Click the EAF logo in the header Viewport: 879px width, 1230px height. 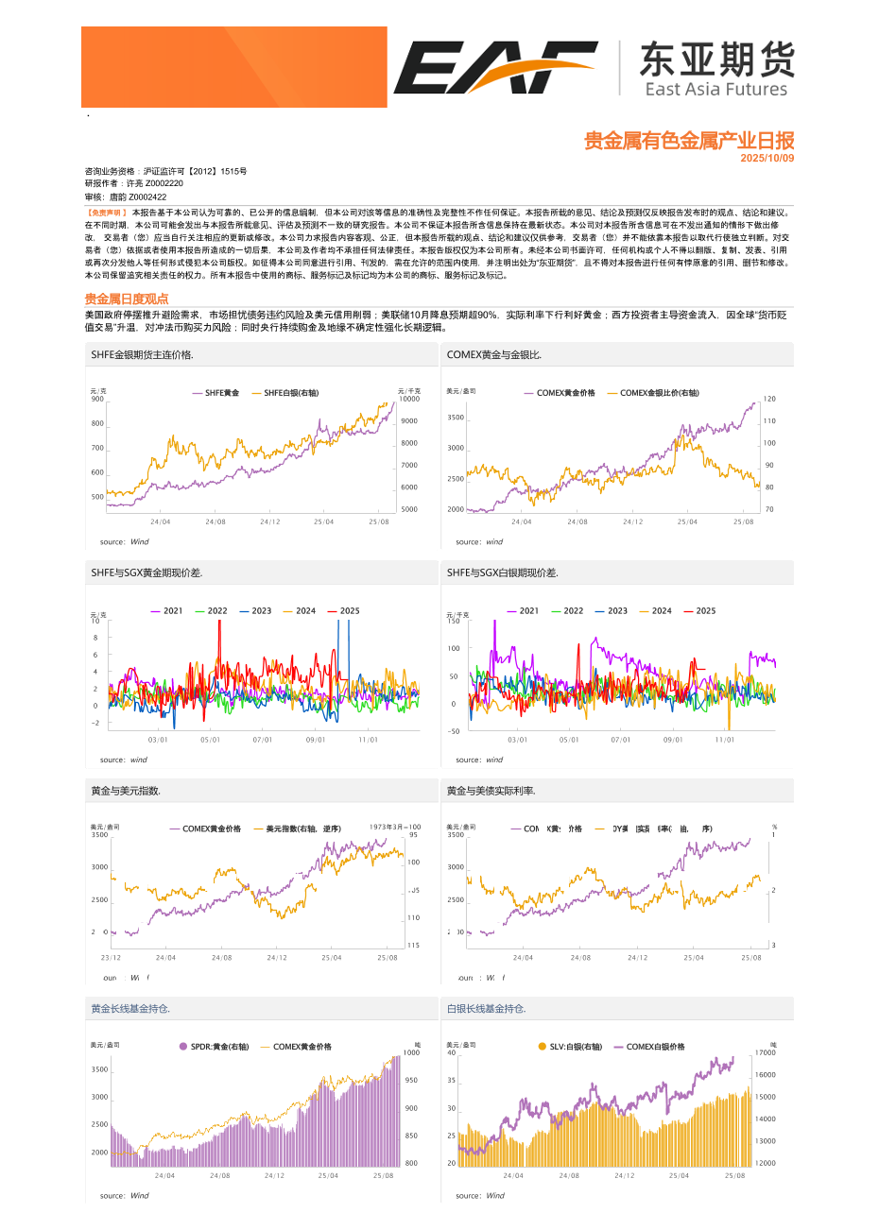pos(495,67)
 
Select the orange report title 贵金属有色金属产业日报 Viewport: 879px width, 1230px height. pos(688,141)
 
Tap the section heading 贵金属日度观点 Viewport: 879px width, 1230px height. pos(127,299)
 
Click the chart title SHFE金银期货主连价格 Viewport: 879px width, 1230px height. pos(142,355)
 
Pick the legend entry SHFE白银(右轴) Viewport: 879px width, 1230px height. pos(291,393)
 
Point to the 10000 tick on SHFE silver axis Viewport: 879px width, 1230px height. pos(409,399)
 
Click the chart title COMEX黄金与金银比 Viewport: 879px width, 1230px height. pos(493,355)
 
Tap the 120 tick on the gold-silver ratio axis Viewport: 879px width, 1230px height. pos(769,399)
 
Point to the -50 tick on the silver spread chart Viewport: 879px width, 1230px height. pos(454,731)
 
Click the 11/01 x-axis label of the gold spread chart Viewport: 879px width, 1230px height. pos(368,740)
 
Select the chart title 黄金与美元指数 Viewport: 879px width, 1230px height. pos(126,791)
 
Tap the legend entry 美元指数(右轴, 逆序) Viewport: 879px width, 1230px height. pos(303,829)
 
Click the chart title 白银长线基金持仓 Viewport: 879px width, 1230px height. pos(486,1009)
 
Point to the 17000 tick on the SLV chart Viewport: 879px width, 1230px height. pos(765,1052)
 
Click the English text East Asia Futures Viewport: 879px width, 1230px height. pos(715,89)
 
